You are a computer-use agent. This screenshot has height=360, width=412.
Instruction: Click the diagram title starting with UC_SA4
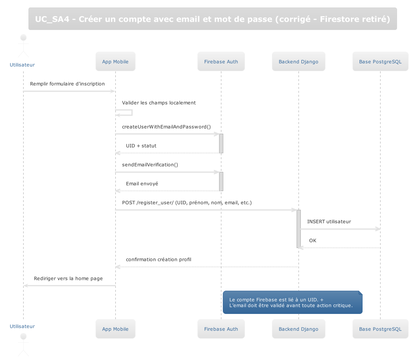click(212, 19)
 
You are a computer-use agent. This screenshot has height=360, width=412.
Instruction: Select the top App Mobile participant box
click(115, 61)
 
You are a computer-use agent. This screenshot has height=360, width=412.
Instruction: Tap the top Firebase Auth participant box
click(221, 61)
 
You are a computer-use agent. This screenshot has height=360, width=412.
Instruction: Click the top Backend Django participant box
click(299, 61)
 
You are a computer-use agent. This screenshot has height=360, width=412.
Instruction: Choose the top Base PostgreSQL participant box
click(380, 61)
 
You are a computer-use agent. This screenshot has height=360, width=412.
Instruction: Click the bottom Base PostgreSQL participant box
click(380, 329)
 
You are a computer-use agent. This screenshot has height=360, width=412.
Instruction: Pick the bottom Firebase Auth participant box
click(221, 329)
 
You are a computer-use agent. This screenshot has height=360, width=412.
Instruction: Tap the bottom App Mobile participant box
click(115, 329)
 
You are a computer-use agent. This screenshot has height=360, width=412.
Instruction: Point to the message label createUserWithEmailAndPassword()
click(166, 127)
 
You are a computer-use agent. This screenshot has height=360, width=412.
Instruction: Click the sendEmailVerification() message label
click(150, 165)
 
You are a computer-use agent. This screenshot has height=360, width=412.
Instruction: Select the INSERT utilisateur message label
click(329, 222)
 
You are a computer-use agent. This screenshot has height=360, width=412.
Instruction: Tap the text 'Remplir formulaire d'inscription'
click(67, 84)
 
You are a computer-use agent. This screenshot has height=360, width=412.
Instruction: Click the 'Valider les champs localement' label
click(159, 103)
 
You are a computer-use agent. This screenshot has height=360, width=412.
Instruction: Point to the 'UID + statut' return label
click(141, 146)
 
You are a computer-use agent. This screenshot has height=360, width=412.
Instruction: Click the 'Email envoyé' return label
click(142, 184)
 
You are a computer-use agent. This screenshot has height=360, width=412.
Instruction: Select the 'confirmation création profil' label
click(159, 260)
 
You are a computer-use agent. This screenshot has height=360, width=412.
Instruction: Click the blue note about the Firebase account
click(293, 302)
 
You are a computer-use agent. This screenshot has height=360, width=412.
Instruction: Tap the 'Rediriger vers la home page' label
click(68, 279)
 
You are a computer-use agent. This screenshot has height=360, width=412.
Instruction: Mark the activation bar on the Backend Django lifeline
click(299, 229)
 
